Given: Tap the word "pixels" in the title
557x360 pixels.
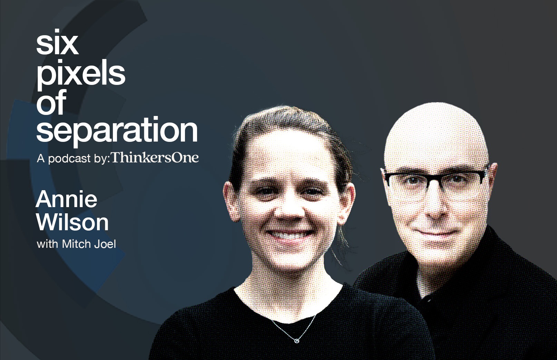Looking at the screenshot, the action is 81,74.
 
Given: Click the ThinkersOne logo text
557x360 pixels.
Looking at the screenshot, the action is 155,157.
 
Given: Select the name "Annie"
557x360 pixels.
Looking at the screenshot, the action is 66,200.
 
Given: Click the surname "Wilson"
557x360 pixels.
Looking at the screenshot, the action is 72,222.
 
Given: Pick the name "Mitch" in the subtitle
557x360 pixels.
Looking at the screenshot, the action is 76,244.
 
